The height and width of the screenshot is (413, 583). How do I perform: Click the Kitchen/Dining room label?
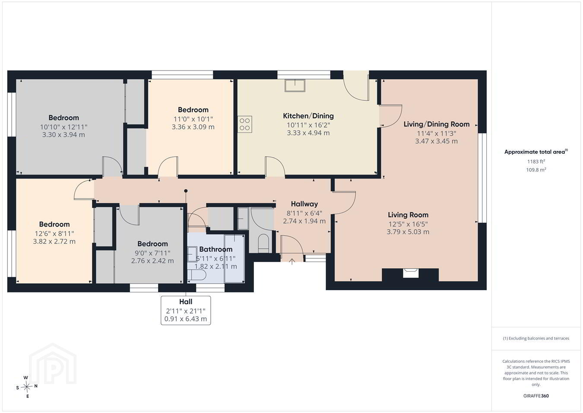point(308,116)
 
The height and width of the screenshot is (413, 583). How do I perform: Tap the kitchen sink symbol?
point(295,86)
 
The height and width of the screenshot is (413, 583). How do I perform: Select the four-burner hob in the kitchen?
point(245,124)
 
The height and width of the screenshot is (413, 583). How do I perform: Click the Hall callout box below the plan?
point(186,311)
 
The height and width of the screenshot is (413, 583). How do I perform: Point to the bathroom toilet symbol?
point(197,275)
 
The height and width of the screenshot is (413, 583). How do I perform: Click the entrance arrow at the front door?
point(292,261)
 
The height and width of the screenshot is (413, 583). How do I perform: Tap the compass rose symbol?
point(26,387)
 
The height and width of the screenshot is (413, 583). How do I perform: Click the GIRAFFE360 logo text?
point(536,396)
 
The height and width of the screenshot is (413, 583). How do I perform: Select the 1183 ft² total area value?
point(536,162)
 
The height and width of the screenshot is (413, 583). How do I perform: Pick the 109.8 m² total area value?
point(536,170)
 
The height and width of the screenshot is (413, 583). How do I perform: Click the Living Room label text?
point(408,215)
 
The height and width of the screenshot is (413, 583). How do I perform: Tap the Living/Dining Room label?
point(437,124)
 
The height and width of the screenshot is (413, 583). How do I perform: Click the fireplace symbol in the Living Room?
point(410,274)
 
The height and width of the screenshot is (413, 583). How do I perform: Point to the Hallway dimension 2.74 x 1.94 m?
point(304,221)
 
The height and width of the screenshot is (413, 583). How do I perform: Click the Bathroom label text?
point(216,250)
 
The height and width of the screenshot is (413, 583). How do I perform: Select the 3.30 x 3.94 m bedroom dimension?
point(63,135)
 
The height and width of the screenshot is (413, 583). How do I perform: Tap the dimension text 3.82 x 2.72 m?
point(54,242)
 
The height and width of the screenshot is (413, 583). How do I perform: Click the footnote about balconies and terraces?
point(536,338)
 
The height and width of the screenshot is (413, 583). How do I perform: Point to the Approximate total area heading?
point(536,152)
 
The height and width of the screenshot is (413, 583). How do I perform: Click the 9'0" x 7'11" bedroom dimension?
point(152,253)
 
